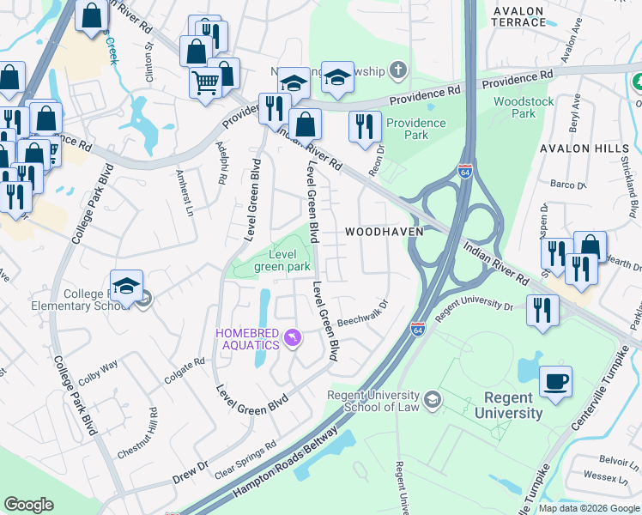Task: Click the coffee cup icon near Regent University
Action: (x=556, y=381)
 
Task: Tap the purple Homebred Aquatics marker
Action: (x=294, y=338)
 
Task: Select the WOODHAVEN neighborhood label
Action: (x=381, y=233)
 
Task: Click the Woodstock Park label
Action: (x=524, y=107)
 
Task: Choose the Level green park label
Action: (x=282, y=260)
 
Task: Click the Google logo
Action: (x=29, y=505)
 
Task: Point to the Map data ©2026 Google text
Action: (x=589, y=508)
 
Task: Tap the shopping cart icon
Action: (x=206, y=83)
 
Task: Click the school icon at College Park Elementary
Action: (x=126, y=287)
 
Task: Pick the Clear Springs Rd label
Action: (x=246, y=460)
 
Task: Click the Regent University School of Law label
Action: (x=373, y=401)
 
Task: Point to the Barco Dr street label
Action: (x=567, y=185)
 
